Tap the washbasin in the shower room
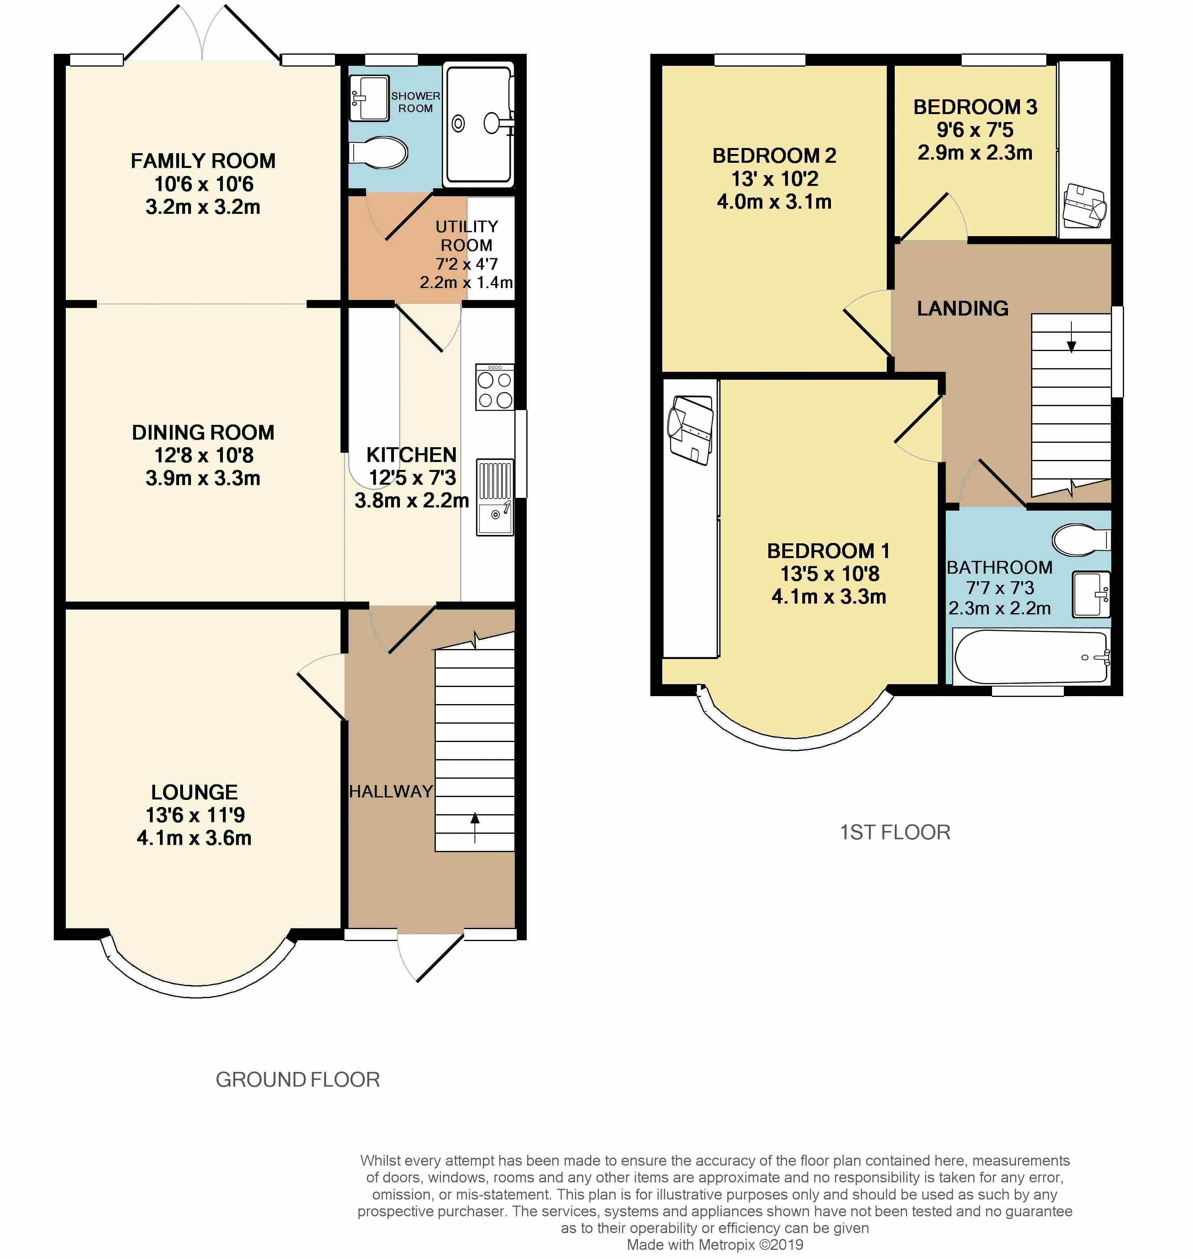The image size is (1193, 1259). tap(369, 98)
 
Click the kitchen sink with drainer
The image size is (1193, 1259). tap(495, 497)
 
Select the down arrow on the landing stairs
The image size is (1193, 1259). tap(1071, 337)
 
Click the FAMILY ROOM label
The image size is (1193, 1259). tap(203, 161)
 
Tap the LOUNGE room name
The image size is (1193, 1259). tap(195, 792)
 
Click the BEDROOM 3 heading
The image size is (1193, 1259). tap(976, 107)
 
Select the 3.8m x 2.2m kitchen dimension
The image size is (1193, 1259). tap(412, 501)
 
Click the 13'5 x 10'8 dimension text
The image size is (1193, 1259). tap(830, 574)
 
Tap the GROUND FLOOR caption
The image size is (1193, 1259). tap(297, 1079)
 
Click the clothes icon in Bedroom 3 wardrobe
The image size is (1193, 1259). tap(1085, 205)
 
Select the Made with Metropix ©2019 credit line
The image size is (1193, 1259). tap(715, 1245)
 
